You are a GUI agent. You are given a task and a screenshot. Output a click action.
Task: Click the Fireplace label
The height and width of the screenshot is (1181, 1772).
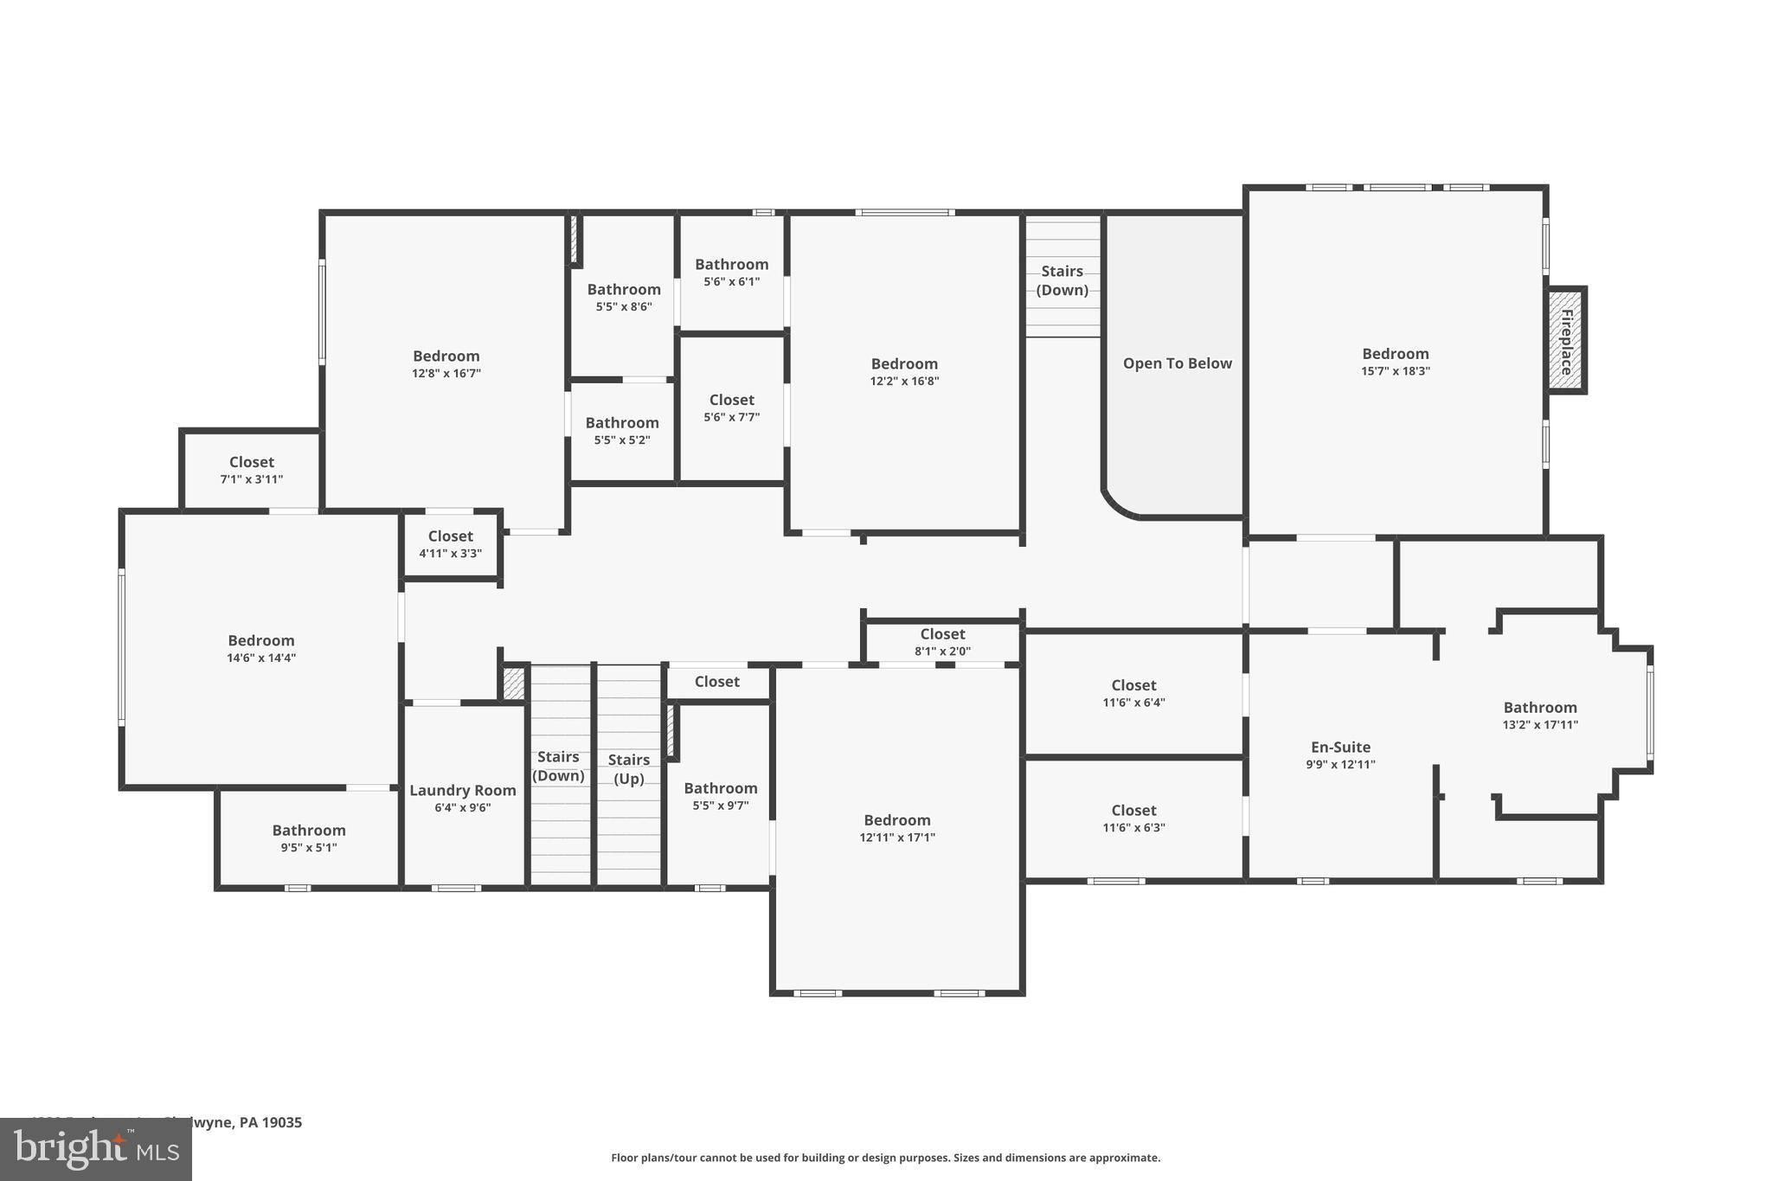[x=1566, y=341]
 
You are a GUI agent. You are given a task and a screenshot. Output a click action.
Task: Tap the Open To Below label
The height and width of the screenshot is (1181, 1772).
[x=1177, y=363]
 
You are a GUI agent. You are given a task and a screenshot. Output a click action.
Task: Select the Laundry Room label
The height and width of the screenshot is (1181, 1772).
[x=462, y=790]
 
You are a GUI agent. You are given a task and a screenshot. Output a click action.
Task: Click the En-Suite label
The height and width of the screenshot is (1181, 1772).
[x=1340, y=747]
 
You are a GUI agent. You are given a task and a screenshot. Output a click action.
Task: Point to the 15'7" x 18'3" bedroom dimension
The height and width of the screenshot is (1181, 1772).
[x=1395, y=371]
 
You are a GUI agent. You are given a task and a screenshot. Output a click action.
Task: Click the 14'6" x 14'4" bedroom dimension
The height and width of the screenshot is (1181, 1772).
[x=260, y=658]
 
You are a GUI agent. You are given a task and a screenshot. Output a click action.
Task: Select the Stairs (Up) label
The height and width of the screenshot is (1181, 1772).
[x=628, y=768]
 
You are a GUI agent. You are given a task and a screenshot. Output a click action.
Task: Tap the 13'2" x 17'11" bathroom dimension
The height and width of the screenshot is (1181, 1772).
[x=1539, y=725]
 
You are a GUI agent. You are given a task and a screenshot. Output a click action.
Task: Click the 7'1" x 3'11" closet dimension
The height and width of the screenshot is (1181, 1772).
[x=251, y=479]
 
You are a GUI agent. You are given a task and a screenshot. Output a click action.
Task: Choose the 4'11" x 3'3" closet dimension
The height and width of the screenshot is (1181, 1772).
[x=450, y=554]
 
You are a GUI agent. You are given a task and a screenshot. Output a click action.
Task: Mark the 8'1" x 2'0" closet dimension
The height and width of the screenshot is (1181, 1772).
[x=942, y=651]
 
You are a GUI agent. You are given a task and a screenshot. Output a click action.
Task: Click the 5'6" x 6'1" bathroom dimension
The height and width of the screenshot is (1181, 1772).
[x=731, y=281]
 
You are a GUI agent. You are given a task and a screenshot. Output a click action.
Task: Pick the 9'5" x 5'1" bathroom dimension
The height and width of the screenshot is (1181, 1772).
[x=308, y=848]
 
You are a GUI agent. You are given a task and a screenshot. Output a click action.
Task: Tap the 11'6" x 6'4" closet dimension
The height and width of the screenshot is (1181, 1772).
[x=1133, y=703]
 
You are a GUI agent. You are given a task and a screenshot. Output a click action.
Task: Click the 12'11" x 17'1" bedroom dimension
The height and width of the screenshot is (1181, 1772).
[x=896, y=838]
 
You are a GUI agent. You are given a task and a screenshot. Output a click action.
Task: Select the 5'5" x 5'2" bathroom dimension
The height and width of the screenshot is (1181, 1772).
[x=621, y=440]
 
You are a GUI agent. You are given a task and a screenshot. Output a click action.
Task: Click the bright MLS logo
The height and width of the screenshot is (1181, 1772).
[x=96, y=1149]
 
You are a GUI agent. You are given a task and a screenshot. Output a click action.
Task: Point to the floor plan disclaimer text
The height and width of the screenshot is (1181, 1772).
[x=885, y=1158]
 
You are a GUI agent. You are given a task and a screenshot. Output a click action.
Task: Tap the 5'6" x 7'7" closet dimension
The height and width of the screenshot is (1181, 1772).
[x=731, y=417]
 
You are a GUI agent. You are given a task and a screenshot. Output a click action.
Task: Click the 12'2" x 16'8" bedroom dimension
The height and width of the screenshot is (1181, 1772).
[x=904, y=381]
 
